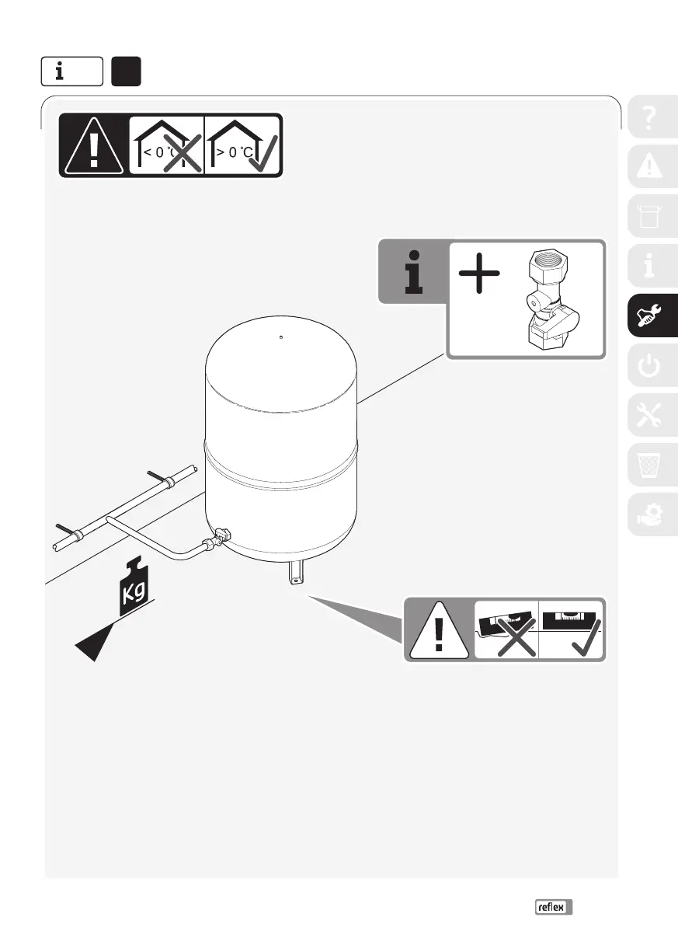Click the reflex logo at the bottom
point(553,907)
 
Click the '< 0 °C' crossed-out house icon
point(166,145)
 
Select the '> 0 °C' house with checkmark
point(242,145)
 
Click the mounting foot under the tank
point(297,574)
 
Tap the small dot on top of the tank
point(280,337)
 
